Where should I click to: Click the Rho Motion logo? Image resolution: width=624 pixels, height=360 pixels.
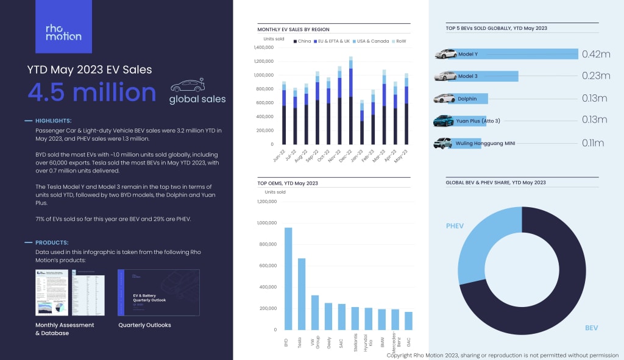63,32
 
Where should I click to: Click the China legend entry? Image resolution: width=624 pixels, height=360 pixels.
303,41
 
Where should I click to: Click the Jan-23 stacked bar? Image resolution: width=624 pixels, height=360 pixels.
362,122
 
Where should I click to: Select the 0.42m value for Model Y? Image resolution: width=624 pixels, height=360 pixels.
595,54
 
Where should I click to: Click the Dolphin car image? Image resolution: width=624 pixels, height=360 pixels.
444,98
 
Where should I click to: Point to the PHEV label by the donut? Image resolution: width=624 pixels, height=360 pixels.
455,226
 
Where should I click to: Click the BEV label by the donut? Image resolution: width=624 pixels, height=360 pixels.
591,328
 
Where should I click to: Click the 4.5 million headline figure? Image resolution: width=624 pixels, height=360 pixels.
92,93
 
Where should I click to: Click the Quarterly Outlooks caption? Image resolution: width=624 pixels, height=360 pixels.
144,325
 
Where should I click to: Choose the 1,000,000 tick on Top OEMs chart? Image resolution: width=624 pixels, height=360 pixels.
266,223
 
